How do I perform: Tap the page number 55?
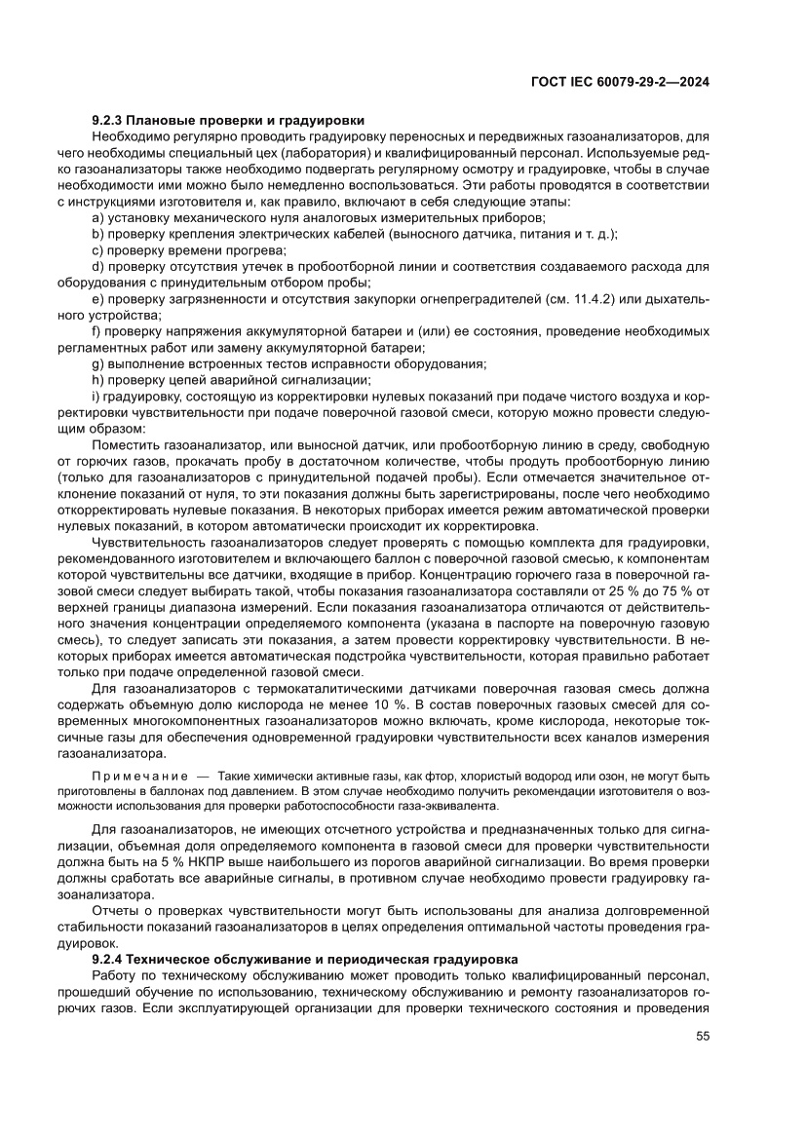702,1061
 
